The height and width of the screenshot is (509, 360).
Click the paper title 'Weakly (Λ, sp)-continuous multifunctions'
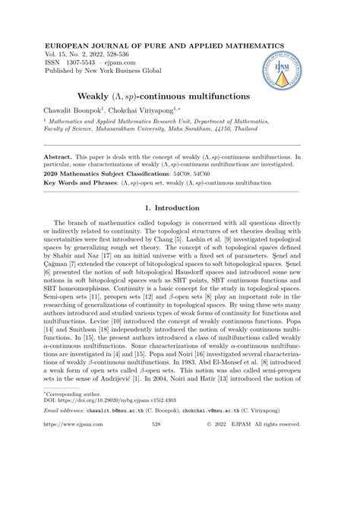(x=179, y=97)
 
